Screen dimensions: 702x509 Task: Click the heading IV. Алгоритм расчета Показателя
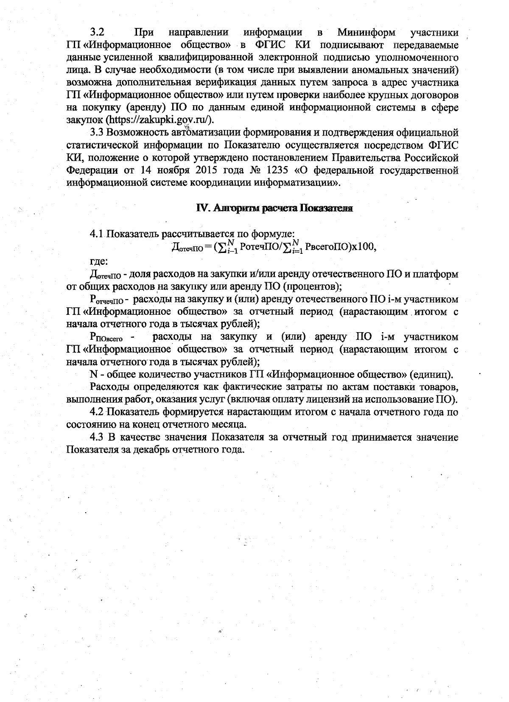pyautogui.click(x=274, y=208)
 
